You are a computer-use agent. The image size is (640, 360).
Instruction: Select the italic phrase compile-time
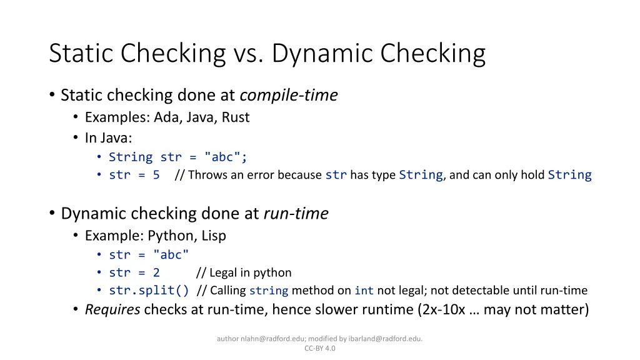pyautogui.click(x=289, y=95)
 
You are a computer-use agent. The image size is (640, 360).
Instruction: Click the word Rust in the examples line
pyautogui.click(x=236, y=117)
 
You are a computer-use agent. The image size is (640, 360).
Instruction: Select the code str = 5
pyautogui.click(x=134, y=175)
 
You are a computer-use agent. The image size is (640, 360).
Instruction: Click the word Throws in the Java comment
pyautogui.click(x=208, y=175)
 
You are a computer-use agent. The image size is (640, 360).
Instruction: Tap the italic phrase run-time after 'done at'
pyautogui.click(x=296, y=214)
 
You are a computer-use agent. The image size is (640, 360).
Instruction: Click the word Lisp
pyautogui.click(x=214, y=236)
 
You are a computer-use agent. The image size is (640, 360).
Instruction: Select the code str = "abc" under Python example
pyautogui.click(x=149, y=254)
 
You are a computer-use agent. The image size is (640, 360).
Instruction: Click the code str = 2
pyautogui.click(x=134, y=272)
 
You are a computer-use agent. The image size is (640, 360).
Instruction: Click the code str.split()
pyautogui.click(x=149, y=290)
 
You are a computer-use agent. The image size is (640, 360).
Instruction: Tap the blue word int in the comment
pyautogui.click(x=364, y=290)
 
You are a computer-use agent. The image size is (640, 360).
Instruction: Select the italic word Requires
pyautogui.click(x=112, y=309)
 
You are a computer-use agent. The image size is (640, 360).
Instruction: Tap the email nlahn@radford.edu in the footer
pyautogui.click(x=268, y=339)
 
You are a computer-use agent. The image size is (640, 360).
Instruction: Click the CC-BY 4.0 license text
pyautogui.click(x=320, y=348)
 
